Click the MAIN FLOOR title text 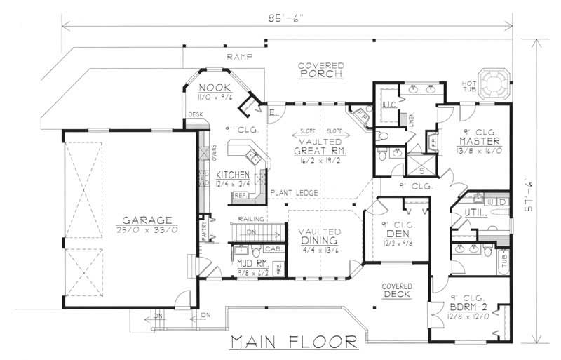tap(294, 342)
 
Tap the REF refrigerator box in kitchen tap(240, 195)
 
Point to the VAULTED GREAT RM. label tap(317, 146)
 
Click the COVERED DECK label tap(396, 291)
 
